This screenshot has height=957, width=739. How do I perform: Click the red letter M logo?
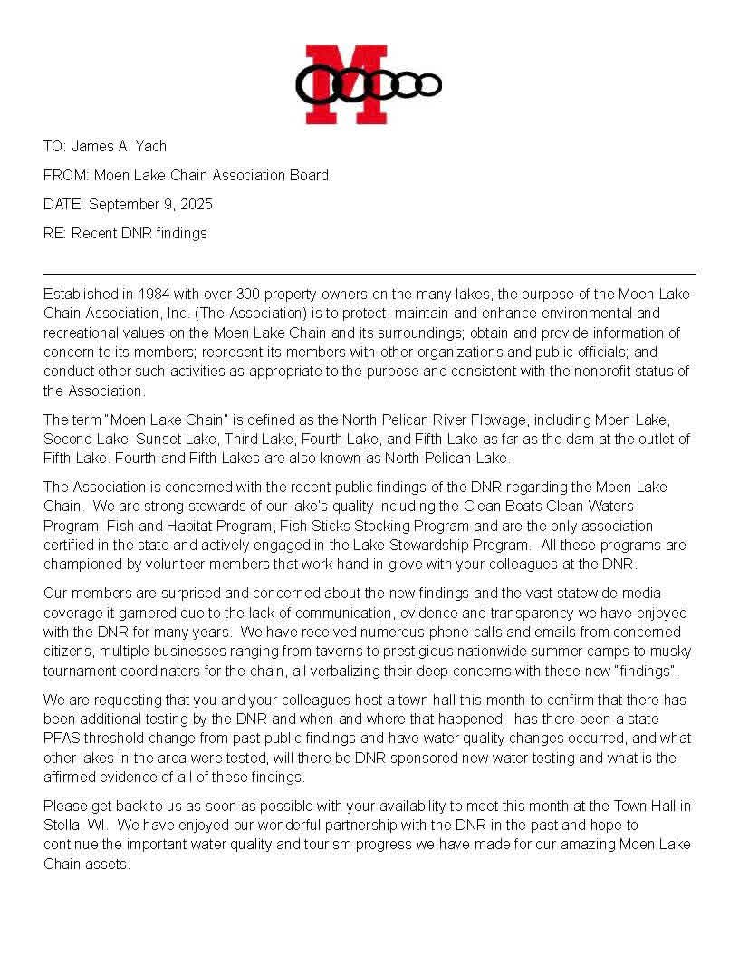coord(346,84)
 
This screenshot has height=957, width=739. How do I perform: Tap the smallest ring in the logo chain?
coord(430,84)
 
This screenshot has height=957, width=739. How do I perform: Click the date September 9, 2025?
coord(150,204)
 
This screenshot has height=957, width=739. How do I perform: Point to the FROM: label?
coord(66,175)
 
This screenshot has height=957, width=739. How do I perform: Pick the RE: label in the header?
coord(55,233)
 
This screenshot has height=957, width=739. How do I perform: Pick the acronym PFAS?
coord(63,739)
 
